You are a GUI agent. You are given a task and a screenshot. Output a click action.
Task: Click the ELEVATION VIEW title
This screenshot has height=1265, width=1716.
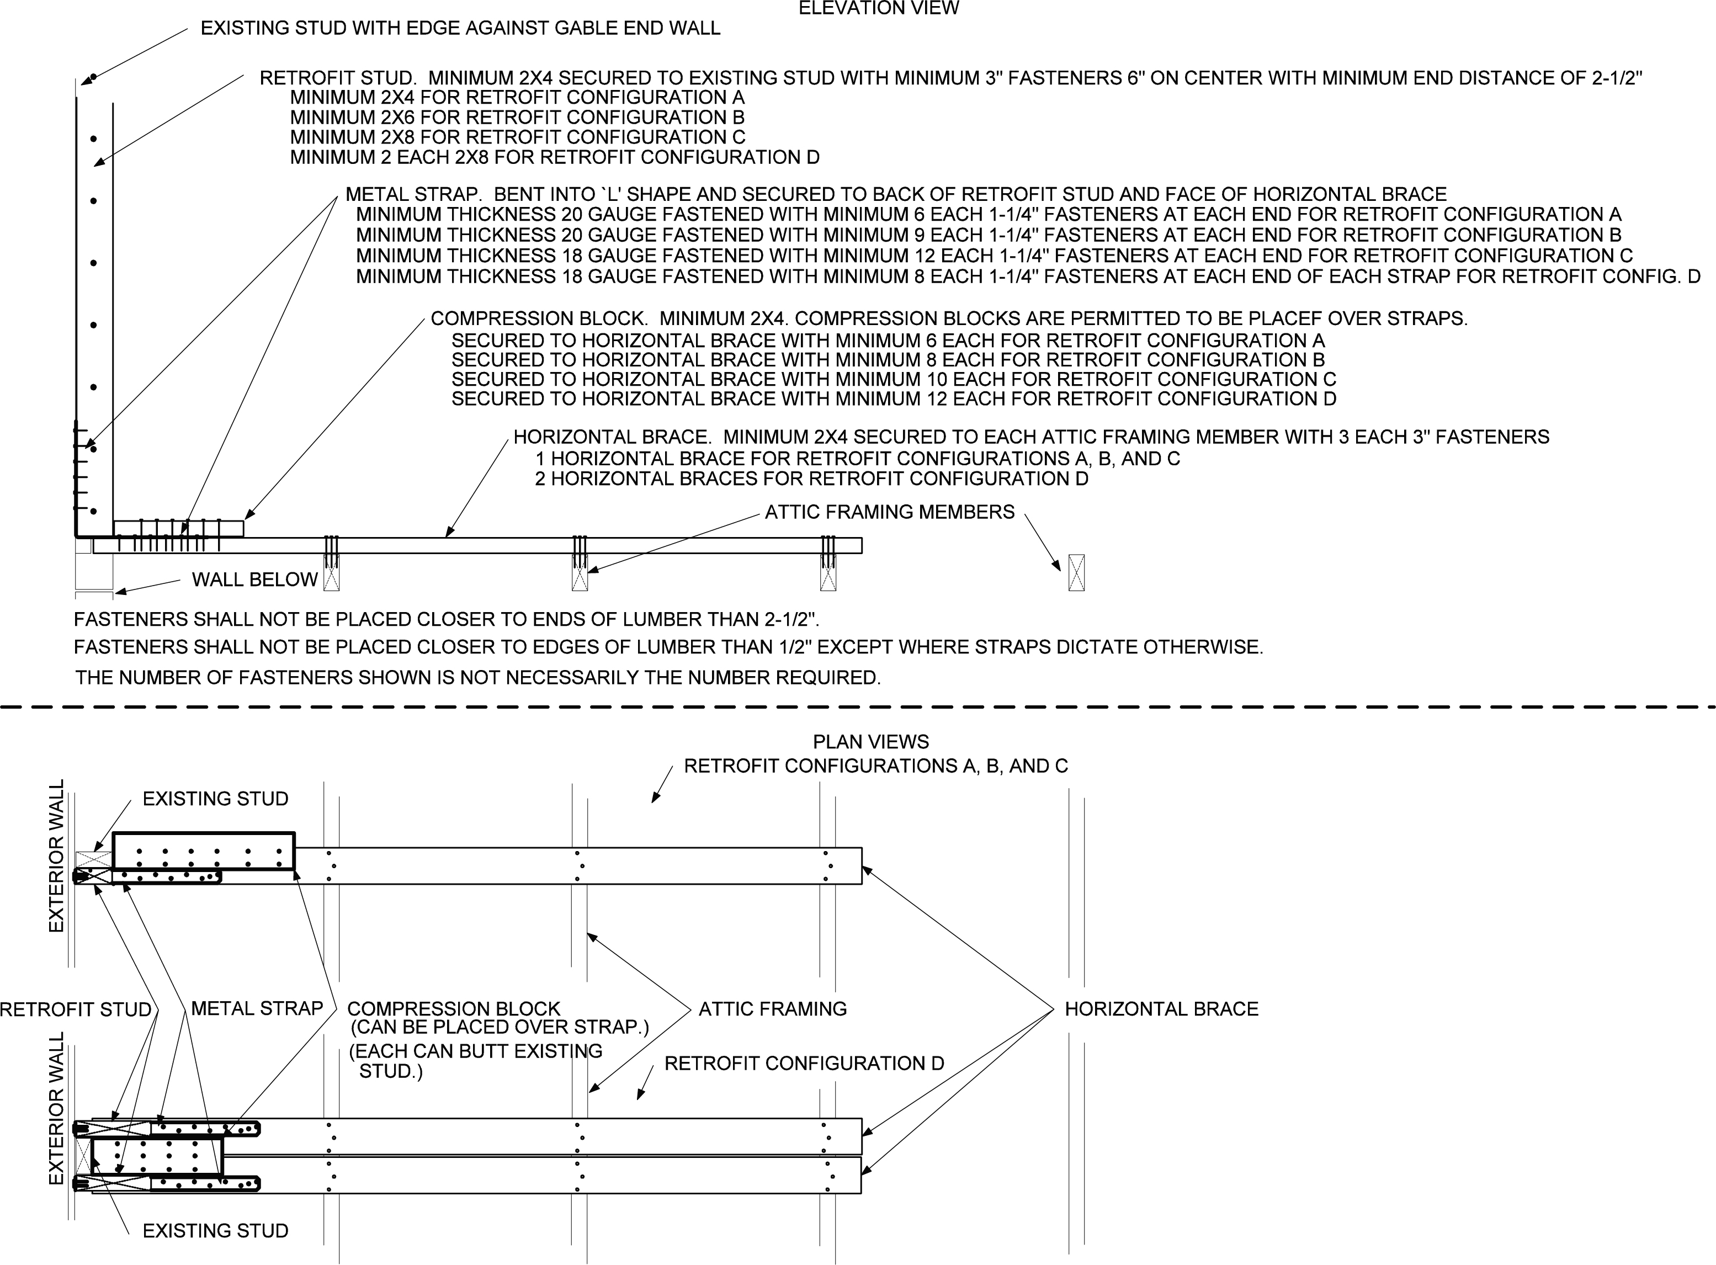point(878,8)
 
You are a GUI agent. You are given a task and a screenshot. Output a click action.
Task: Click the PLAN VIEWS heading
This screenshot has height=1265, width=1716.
point(870,741)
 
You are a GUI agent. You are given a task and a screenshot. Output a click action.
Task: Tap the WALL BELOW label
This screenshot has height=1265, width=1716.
point(254,580)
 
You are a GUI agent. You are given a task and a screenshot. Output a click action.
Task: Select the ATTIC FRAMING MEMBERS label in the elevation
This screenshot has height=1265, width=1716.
point(889,512)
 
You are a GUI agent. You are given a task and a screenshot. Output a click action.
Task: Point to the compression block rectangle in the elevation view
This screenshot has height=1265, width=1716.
point(178,528)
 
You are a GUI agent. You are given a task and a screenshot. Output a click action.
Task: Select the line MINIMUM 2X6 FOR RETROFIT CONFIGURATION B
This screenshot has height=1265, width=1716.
point(517,117)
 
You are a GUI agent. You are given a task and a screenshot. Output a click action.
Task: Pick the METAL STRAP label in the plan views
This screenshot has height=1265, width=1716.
point(257,1008)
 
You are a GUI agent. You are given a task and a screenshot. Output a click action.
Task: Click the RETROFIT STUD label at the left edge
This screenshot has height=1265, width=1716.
point(75,1009)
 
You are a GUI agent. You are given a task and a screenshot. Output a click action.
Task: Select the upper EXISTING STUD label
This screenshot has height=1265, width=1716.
point(215,799)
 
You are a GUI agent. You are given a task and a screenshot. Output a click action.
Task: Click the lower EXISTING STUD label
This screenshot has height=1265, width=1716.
point(215,1231)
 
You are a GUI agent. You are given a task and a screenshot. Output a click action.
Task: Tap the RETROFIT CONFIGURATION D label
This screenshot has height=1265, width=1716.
point(804,1063)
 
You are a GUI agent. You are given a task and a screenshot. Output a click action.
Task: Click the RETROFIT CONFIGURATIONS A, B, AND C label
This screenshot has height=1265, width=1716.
point(875,766)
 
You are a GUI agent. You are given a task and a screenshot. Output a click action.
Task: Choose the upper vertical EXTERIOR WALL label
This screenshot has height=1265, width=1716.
point(57,855)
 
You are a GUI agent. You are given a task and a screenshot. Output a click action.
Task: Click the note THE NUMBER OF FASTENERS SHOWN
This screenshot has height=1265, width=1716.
point(478,678)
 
